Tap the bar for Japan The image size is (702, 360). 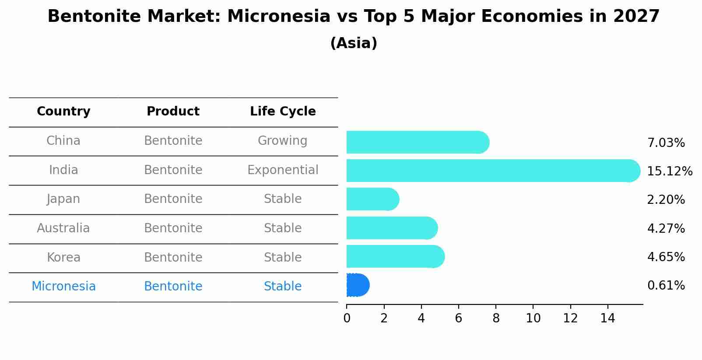click(x=372, y=199)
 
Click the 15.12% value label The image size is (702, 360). click(x=669, y=171)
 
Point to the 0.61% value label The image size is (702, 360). click(x=666, y=286)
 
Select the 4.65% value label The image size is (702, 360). click(x=666, y=257)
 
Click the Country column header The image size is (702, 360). click(x=63, y=112)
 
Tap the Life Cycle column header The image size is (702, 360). click(x=283, y=112)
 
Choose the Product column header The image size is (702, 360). click(x=173, y=112)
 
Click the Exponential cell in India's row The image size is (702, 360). click(x=283, y=170)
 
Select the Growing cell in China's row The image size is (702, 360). click(x=282, y=141)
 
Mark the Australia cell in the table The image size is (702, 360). click(x=63, y=228)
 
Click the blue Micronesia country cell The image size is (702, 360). click(x=63, y=287)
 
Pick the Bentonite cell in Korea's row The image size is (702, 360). click(x=173, y=257)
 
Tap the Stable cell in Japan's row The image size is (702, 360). click(x=283, y=199)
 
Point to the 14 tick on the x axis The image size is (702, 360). click(x=607, y=318)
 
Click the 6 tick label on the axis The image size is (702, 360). click(x=458, y=318)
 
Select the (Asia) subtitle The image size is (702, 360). click(x=353, y=43)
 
